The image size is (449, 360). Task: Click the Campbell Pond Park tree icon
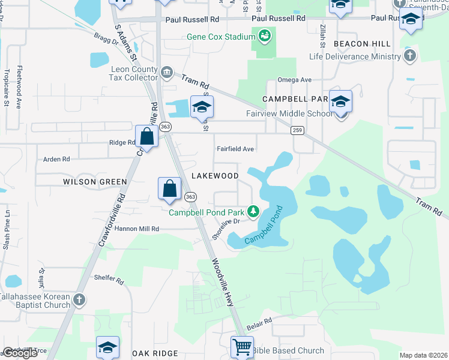point(254,211)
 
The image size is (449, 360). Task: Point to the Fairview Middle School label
point(289,113)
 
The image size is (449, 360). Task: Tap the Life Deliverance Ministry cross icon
point(410,56)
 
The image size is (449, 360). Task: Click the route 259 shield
point(297,130)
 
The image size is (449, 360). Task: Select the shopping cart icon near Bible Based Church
point(241,346)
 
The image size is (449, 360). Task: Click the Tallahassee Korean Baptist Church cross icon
point(79,300)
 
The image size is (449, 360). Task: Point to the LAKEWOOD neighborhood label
point(215,176)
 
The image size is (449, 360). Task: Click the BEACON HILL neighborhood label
point(362,44)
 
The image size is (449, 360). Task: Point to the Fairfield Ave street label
point(235,149)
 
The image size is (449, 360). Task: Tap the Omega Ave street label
point(294,80)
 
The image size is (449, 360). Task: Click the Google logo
point(20,353)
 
